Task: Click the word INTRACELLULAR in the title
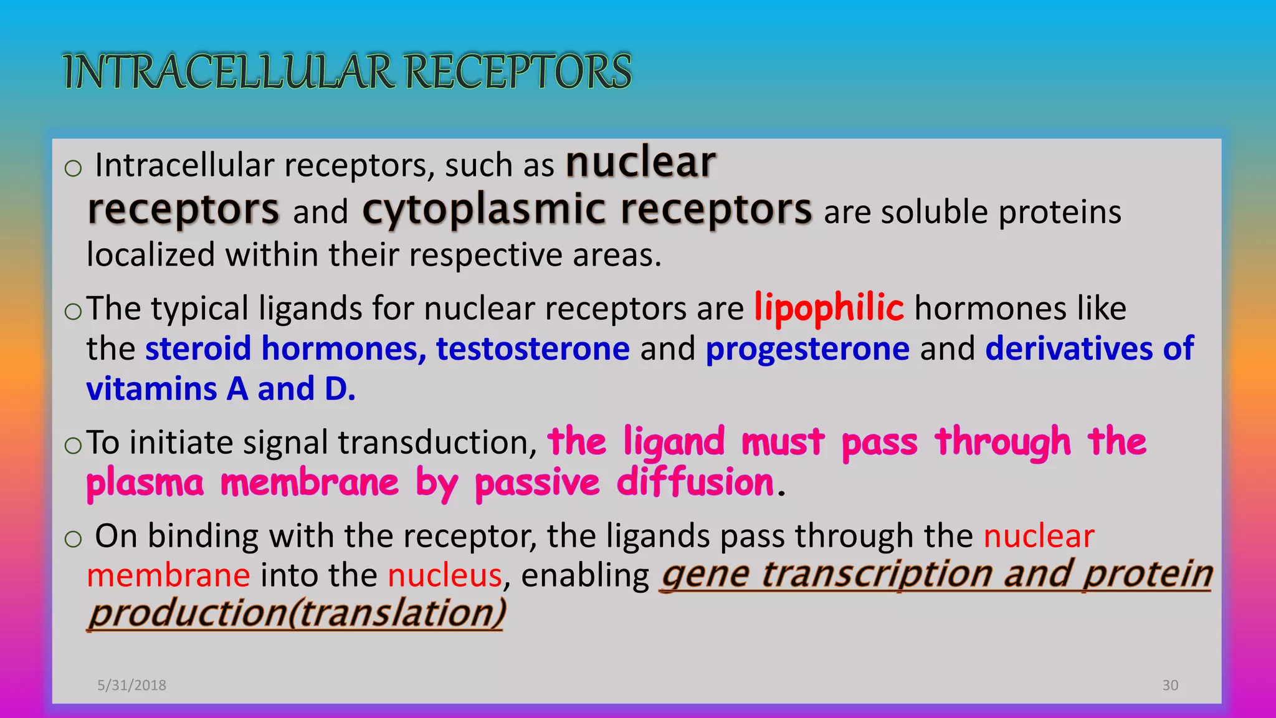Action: tap(229, 72)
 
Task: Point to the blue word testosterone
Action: tap(533, 348)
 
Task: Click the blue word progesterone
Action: tap(807, 349)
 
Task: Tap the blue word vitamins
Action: tap(151, 390)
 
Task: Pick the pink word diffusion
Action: tap(695, 483)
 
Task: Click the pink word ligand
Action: tap(674, 443)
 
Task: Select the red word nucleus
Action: tap(444, 575)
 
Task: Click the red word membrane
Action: tap(168, 575)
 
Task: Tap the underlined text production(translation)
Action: tap(297, 614)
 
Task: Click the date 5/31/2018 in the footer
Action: tap(131, 685)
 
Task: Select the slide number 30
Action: tap(1170, 685)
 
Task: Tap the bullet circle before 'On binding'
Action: tap(73, 538)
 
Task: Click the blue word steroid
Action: tap(198, 348)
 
